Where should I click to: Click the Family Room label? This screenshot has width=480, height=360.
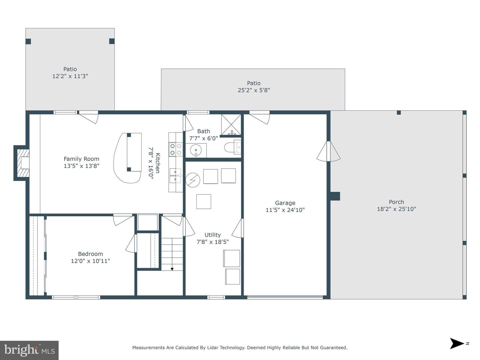pyautogui.click(x=81, y=159)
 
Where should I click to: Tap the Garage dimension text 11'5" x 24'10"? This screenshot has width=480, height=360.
pyautogui.click(x=285, y=210)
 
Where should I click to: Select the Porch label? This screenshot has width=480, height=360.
pyautogui.click(x=396, y=202)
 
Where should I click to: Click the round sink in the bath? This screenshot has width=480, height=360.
pyautogui.click(x=196, y=150)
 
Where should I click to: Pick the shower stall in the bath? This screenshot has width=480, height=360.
pyautogui.click(x=231, y=124)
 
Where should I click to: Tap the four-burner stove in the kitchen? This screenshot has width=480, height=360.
pyautogui.click(x=176, y=149)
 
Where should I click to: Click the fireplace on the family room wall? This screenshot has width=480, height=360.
pyautogui.click(x=22, y=163)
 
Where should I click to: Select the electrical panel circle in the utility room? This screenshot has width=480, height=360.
pyautogui.click(x=193, y=180)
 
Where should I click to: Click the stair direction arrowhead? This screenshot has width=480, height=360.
pyautogui.click(x=172, y=269)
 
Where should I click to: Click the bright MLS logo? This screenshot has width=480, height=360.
pyautogui.click(x=29, y=350)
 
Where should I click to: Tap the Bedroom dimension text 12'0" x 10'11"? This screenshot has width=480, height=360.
pyautogui.click(x=90, y=261)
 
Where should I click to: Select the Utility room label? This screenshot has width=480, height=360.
pyautogui.click(x=213, y=235)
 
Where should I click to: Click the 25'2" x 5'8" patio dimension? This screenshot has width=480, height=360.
pyautogui.click(x=254, y=90)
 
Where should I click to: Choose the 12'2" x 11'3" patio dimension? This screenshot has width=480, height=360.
pyautogui.click(x=70, y=76)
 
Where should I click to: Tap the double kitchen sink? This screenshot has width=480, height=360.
pyautogui.click(x=175, y=176)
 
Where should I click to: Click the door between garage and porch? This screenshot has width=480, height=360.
pyautogui.click(x=328, y=151)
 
